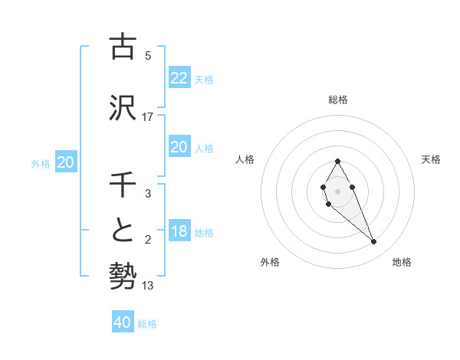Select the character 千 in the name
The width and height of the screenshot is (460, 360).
[123, 184]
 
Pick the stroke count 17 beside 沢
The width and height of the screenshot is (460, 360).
[148, 116]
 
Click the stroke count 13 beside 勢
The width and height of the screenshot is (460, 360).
[148, 286]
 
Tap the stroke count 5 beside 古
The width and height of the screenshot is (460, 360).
[148, 55]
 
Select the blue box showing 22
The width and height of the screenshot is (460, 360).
[179, 77]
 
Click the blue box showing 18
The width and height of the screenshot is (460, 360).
[179, 231]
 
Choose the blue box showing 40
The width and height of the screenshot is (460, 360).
[123, 322]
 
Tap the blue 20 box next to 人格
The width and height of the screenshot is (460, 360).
[179, 147]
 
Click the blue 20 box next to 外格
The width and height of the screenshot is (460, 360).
[66, 162]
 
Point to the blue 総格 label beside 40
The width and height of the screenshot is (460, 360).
[147, 324]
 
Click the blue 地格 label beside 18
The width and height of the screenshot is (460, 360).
[204, 233]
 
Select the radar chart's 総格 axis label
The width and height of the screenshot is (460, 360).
[337, 100]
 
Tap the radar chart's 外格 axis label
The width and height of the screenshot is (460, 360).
[270, 262]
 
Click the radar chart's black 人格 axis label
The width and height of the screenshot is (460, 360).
[245, 159]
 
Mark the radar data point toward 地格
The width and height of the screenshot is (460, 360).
[374, 242]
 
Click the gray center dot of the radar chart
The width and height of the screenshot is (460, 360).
[337, 190]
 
